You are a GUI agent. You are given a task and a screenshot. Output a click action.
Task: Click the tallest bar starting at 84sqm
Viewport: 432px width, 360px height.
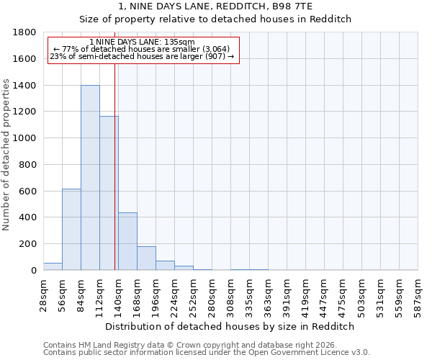point(90,178)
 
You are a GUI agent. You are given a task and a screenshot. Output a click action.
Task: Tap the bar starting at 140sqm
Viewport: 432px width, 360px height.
point(127,241)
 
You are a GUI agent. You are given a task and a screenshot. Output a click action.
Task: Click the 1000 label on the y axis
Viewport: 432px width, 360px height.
point(26,138)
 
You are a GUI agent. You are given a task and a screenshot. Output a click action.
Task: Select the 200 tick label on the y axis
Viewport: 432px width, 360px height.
point(29,244)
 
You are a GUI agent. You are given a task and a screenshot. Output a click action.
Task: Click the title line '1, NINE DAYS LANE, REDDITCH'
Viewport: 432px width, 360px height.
point(215,6)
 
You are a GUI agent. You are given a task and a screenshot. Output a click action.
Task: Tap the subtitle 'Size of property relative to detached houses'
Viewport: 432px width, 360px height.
point(215,19)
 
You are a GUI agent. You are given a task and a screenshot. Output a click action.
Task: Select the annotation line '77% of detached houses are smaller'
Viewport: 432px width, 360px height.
point(142,49)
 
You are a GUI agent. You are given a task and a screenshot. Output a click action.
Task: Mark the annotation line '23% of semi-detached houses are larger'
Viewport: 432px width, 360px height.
point(142,56)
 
